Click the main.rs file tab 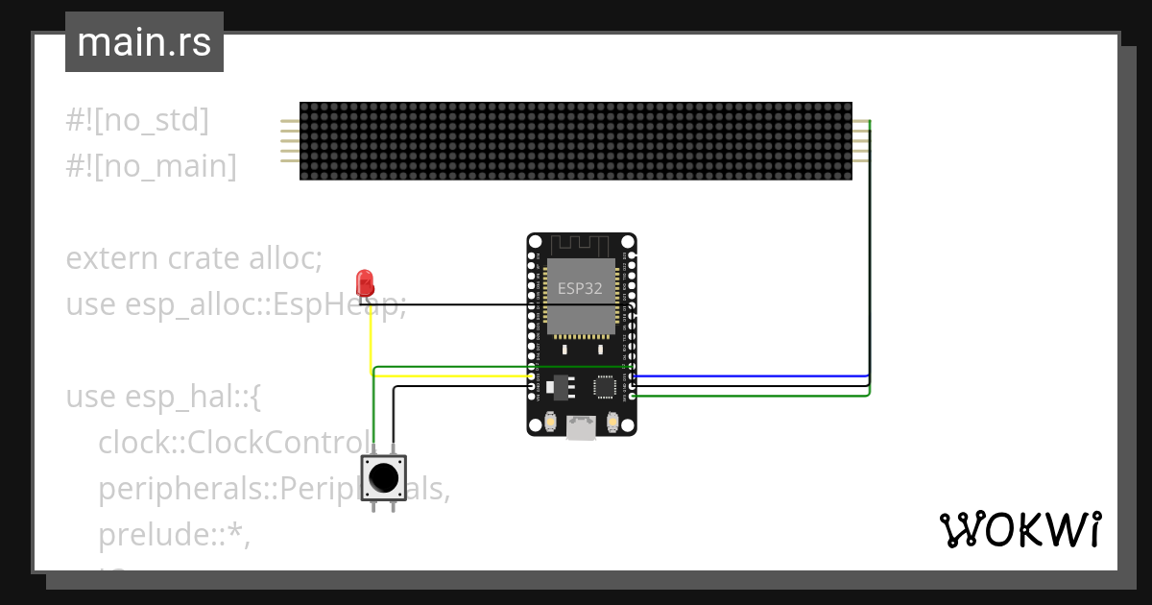click(144, 42)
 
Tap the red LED click(365, 282)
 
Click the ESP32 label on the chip click(580, 287)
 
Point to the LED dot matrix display click(575, 140)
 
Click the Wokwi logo click(1020, 529)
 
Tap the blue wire click(749, 376)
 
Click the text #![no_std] click(137, 120)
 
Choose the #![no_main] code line click(151, 166)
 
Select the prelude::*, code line click(174, 536)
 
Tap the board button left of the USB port click(551, 421)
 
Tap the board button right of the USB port click(612, 421)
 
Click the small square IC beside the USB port click(605, 387)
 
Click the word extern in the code click(111, 258)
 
